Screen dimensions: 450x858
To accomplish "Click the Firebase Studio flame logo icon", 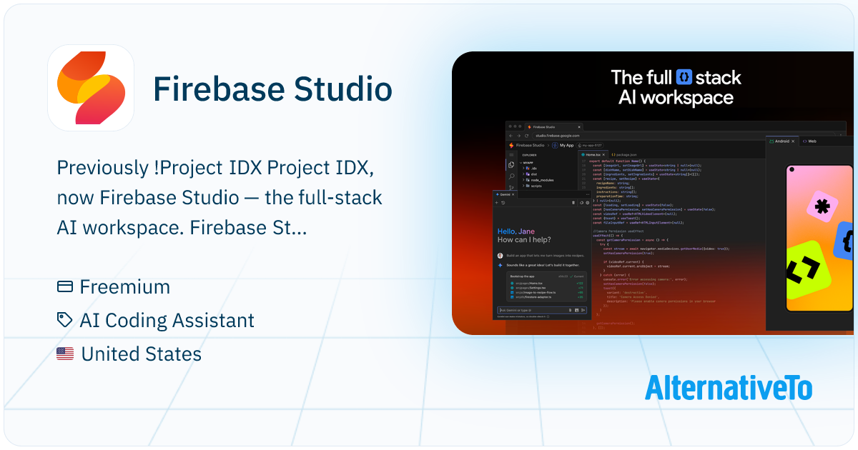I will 91,88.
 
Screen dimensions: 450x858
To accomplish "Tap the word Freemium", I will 125,287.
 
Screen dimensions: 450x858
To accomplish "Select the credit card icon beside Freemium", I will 65,287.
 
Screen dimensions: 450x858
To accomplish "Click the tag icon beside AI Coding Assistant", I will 65,321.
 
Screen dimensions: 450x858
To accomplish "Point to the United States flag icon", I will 65,354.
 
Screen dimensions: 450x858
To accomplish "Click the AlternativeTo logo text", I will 728,387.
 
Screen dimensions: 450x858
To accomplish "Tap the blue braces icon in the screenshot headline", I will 685,76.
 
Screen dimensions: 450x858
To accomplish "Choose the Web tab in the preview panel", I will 809,141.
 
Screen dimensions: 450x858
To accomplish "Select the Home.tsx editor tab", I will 593,154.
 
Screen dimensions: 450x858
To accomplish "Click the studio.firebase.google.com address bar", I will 557,135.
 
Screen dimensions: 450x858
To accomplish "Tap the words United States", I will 141,354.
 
